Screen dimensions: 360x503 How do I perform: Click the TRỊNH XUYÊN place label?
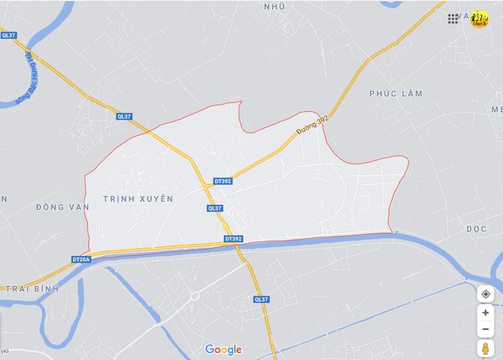click(138, 199)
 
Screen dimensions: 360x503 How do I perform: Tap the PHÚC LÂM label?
click(396, 94)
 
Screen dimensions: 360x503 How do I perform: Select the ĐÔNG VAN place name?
click(63, 207)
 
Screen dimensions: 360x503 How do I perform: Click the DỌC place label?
click(476, 229)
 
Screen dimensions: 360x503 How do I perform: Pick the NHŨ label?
click(274, 6)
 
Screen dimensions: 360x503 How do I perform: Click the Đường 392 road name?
click(312, 126)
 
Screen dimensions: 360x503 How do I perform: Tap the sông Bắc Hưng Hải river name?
click(24, 78)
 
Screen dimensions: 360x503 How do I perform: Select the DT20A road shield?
click(81, 259)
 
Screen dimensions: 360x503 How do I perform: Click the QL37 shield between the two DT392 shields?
click(215, 209)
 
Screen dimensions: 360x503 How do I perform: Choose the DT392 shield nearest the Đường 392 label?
click(222, 181)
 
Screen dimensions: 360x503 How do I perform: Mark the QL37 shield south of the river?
click(261, 299)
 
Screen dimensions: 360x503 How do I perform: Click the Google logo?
click(224, 350)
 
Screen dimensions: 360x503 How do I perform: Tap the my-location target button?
click(486, 294)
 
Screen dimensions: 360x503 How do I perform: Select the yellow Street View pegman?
click(486, 349)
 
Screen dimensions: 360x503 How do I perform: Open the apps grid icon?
click(453, 19)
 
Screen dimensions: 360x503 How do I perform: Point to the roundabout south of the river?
click(194, 296)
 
